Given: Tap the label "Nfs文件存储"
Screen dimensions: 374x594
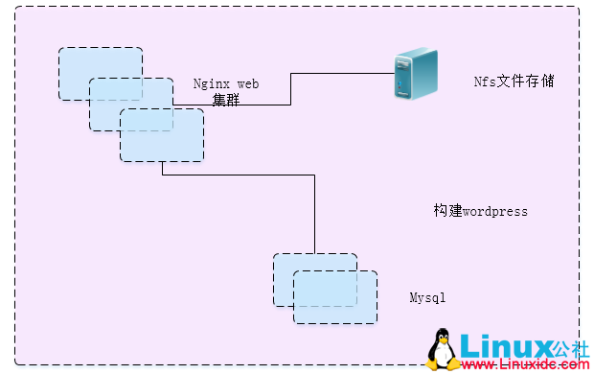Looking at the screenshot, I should [x=514, y=82].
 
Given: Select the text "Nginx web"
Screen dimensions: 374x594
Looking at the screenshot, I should [x=226, y=83].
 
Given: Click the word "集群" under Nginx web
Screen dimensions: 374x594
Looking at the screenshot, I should [x=226, y=98].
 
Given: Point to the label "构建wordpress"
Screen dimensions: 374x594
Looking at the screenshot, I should [x=480, y=211].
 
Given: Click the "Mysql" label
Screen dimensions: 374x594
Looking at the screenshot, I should [x=427, y=298].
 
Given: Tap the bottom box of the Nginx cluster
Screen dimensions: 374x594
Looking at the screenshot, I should [x=163, y=136].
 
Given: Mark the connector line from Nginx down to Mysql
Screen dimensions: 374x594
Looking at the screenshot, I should [x=315, y=211].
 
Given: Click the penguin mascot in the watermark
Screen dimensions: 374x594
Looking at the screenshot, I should [x=442, y=349].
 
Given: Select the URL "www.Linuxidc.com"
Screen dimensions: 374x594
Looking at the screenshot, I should [x=523, y=365].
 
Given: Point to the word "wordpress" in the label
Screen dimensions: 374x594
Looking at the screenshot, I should [x=495, y=211].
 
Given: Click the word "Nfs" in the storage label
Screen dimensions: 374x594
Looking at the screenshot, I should [x=485, y=82].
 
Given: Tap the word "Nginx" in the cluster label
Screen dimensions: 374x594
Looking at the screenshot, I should [x=211, y=83].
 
